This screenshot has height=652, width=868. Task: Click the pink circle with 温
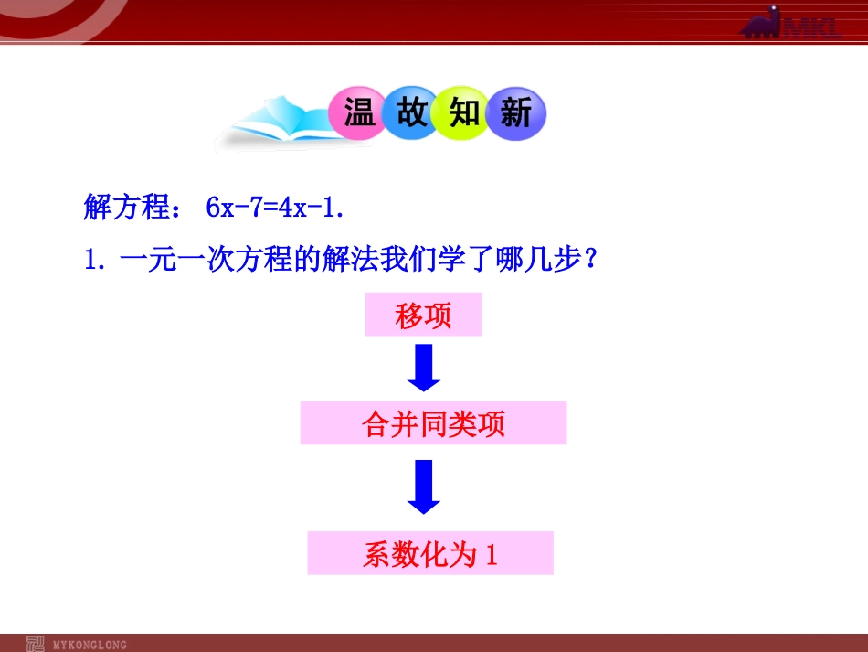359,114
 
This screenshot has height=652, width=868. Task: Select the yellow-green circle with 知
464,113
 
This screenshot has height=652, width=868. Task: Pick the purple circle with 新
515,114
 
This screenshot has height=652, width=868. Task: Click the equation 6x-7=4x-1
275,208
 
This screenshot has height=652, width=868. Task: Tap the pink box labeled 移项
423,315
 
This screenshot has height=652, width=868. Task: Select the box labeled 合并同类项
433,423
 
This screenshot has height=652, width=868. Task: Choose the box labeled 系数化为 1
429,553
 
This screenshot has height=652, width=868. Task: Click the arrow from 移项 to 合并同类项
423,369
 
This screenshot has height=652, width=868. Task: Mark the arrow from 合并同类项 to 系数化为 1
423,487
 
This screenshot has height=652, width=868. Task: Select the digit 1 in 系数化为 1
491,554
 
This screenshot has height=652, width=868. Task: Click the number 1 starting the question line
90,262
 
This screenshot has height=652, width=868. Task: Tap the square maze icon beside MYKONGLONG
36,643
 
